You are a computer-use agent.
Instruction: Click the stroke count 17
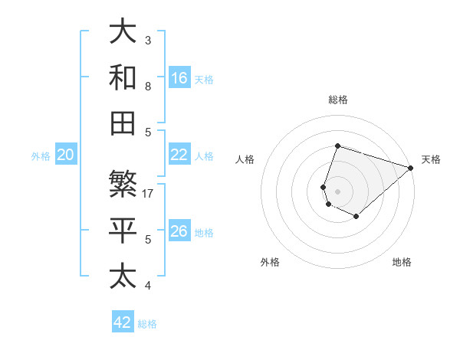[x=149, y=193]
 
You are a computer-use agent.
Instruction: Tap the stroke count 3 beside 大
[x=148, y=39]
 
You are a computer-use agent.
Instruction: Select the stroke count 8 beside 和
[x=148, y=86]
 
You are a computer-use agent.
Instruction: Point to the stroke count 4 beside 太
[x=148, y=286]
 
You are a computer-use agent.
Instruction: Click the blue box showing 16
[x=179, y=77]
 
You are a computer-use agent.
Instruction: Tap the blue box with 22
[x=179, y=155]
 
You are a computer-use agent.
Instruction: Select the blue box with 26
[x=179, y=231]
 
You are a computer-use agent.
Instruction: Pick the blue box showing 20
[x=66, y=155]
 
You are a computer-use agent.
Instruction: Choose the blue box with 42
[x=123, y=322]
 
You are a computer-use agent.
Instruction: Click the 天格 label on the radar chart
[x=431, y=159]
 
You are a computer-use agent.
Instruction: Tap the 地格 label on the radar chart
[x=402, y=262]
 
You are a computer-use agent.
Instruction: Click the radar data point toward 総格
[x=337, y=146]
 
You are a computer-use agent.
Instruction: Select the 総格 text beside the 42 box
[x=147, y=324]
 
